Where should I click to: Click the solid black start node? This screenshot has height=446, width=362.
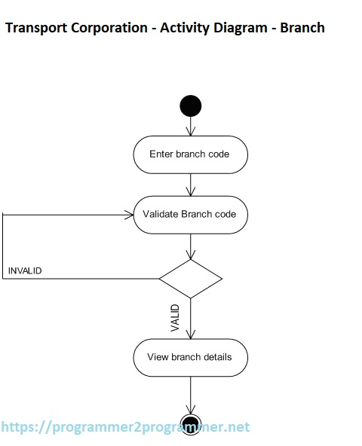(x=191, y=105)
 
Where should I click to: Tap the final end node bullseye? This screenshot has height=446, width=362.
(x=191, y=423)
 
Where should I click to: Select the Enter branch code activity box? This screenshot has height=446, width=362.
(x=190, y=154)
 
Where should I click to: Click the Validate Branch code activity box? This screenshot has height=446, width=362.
(x=190, y=214)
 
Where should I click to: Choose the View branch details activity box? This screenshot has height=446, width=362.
(x=190, y=357)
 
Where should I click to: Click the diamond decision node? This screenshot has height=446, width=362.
(x=191, y=279)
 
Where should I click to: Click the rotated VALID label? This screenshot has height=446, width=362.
(x=175, y=317)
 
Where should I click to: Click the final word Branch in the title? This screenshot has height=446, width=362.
(x=302, y=29)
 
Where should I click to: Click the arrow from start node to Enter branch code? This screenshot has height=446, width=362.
(x=191, y=126)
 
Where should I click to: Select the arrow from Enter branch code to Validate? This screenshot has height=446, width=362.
(x=191, y=184)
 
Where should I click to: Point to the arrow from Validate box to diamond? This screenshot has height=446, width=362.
(x=191, y=246)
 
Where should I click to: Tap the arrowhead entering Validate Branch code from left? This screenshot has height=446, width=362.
(x=128, y=215)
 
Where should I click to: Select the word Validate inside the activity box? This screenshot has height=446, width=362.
(x=160, y=214)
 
